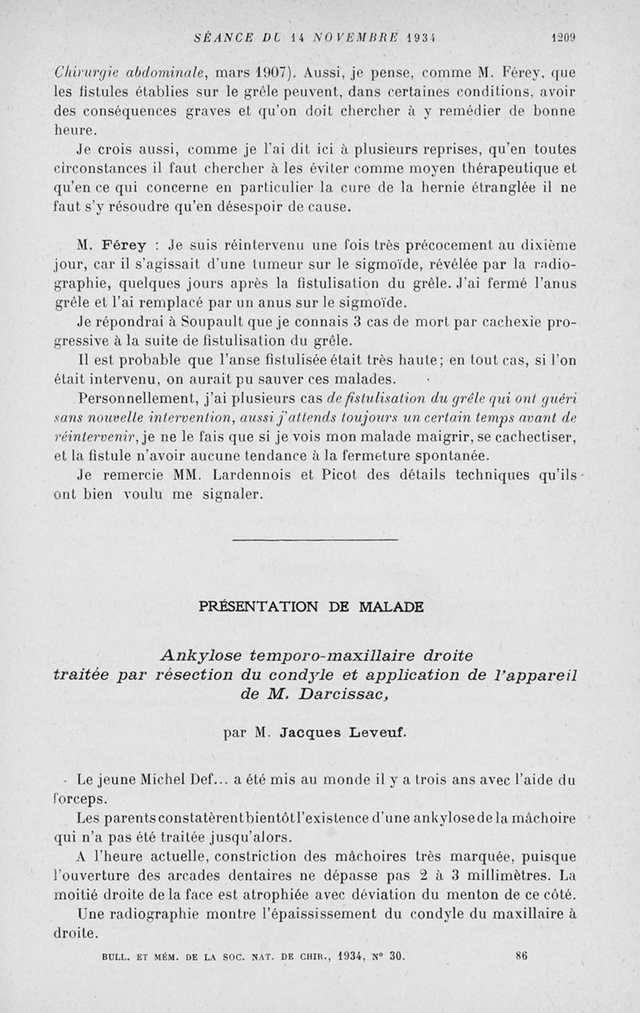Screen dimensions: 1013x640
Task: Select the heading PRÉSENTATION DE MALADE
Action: (311, 606)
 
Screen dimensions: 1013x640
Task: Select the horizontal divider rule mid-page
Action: (314, 540)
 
